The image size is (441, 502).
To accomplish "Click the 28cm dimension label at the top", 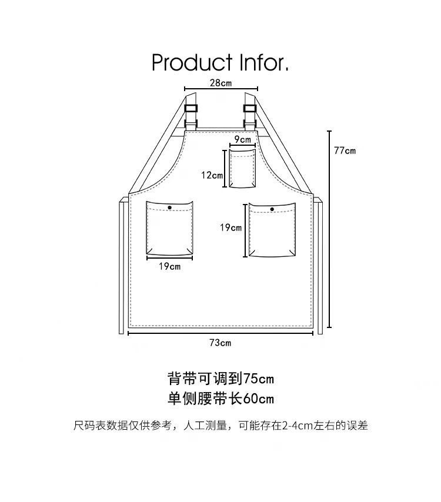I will click(220, 83).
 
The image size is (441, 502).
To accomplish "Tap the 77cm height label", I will click(345, 150).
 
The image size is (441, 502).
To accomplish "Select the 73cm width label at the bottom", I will click(220, 343).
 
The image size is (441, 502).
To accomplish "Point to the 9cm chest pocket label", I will click(242, 140).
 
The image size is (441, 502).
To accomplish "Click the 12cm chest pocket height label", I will click(212, 175).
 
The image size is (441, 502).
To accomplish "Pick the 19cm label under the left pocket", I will click(169, 266).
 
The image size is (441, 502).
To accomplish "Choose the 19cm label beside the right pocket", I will click(231, 227).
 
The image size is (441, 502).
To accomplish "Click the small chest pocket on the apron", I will click(242, 169).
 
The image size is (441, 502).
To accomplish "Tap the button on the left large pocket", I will click(170, 208).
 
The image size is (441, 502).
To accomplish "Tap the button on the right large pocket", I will click(272, 209).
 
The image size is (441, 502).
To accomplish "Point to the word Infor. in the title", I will click(264, 62).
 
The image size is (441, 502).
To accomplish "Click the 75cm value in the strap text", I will click(258, 377).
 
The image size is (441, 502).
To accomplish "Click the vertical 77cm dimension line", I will click(329, 229).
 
